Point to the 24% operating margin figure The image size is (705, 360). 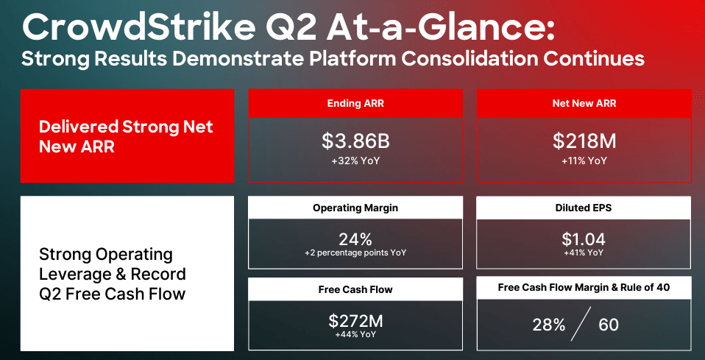pos(355,239)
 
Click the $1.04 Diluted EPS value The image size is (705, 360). pos(584,239)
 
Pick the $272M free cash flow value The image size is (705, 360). pos(355,321)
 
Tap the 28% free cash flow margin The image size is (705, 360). pos(549,325)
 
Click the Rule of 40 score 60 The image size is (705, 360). pos(609,325)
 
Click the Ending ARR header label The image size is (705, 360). pos(355,104)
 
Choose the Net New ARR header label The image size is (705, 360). pos(584,104)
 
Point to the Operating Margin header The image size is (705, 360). pos(355,208)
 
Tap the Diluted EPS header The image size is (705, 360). pos(584,208)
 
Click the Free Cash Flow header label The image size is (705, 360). pos(355,289)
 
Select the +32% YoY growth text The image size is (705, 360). pos(355,158)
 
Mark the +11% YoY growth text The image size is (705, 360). pos(584,158)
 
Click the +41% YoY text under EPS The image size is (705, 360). pos(584,253)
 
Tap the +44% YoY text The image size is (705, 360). pos(355,335)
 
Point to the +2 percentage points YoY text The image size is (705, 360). pos(355,253)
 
